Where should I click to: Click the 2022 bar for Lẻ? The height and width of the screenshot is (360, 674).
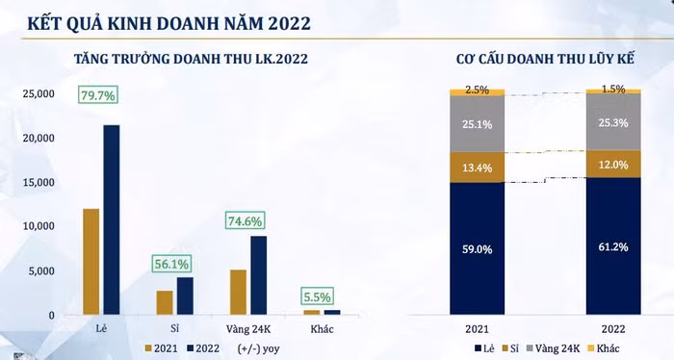112,220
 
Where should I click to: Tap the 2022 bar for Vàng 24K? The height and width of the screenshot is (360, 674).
258,275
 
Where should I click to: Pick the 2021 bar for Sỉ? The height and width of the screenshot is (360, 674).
165,302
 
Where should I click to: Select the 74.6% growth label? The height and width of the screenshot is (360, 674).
246,220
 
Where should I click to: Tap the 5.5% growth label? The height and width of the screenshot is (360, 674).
317,297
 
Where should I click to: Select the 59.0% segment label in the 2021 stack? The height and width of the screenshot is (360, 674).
478,248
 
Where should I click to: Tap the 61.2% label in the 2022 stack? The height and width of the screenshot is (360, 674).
612,246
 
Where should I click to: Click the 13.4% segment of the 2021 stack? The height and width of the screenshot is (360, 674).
478,167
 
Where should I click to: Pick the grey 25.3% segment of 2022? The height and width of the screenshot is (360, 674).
612,122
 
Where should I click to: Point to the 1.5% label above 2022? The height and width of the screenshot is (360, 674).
612,89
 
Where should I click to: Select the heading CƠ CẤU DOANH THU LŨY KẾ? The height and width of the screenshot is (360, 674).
544,60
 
